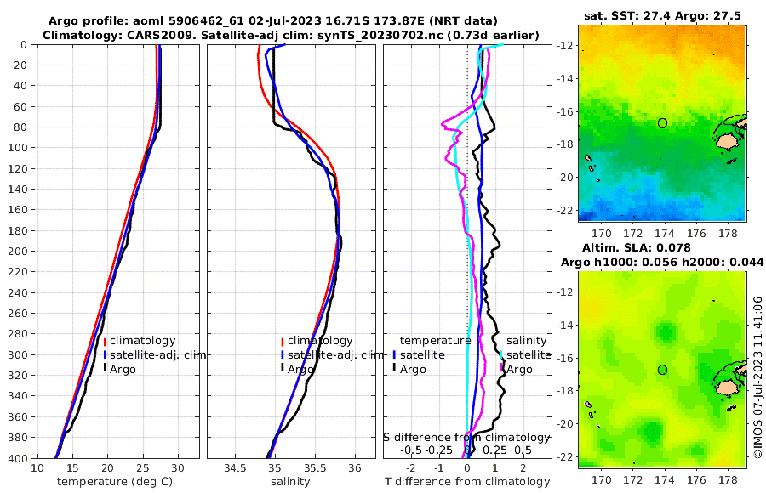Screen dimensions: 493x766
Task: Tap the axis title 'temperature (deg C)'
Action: click(x=117, y=482)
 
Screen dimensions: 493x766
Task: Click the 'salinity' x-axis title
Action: click(x=289, y=482)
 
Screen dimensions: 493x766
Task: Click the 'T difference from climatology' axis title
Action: click(x=467, y=482)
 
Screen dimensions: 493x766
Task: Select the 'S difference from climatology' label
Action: click(x=466, y=437)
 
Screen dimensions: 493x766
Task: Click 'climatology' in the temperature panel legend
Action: click(x=142, y=341)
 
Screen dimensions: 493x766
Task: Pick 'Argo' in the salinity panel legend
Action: click(x=300, y=369)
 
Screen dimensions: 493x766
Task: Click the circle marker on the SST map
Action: click(x=663, y=123)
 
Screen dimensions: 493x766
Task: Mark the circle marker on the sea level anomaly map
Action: click(x=663, y=370)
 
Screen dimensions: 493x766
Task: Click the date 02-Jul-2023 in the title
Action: click(x=285, y=20)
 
